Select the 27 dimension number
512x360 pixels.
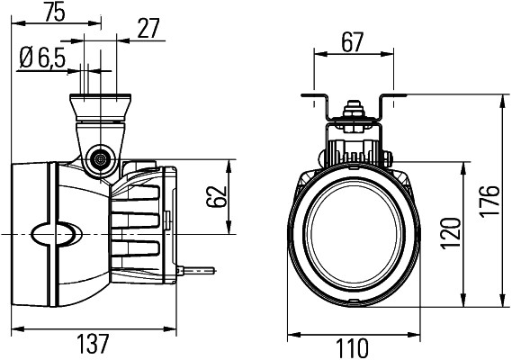(x=148, y=29)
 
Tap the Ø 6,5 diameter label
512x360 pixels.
(x=42, y=58)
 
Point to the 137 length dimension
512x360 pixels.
(x=93, y=344)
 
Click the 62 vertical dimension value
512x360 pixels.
(x=216, y=197)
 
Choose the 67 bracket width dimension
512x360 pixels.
(x=353, y=42)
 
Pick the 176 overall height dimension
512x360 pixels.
(x=490, y=200)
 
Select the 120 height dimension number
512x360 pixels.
(x=451, y=233)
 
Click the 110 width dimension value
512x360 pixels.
(x=352, y=348)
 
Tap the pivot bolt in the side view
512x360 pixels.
(x=100, y=159)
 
